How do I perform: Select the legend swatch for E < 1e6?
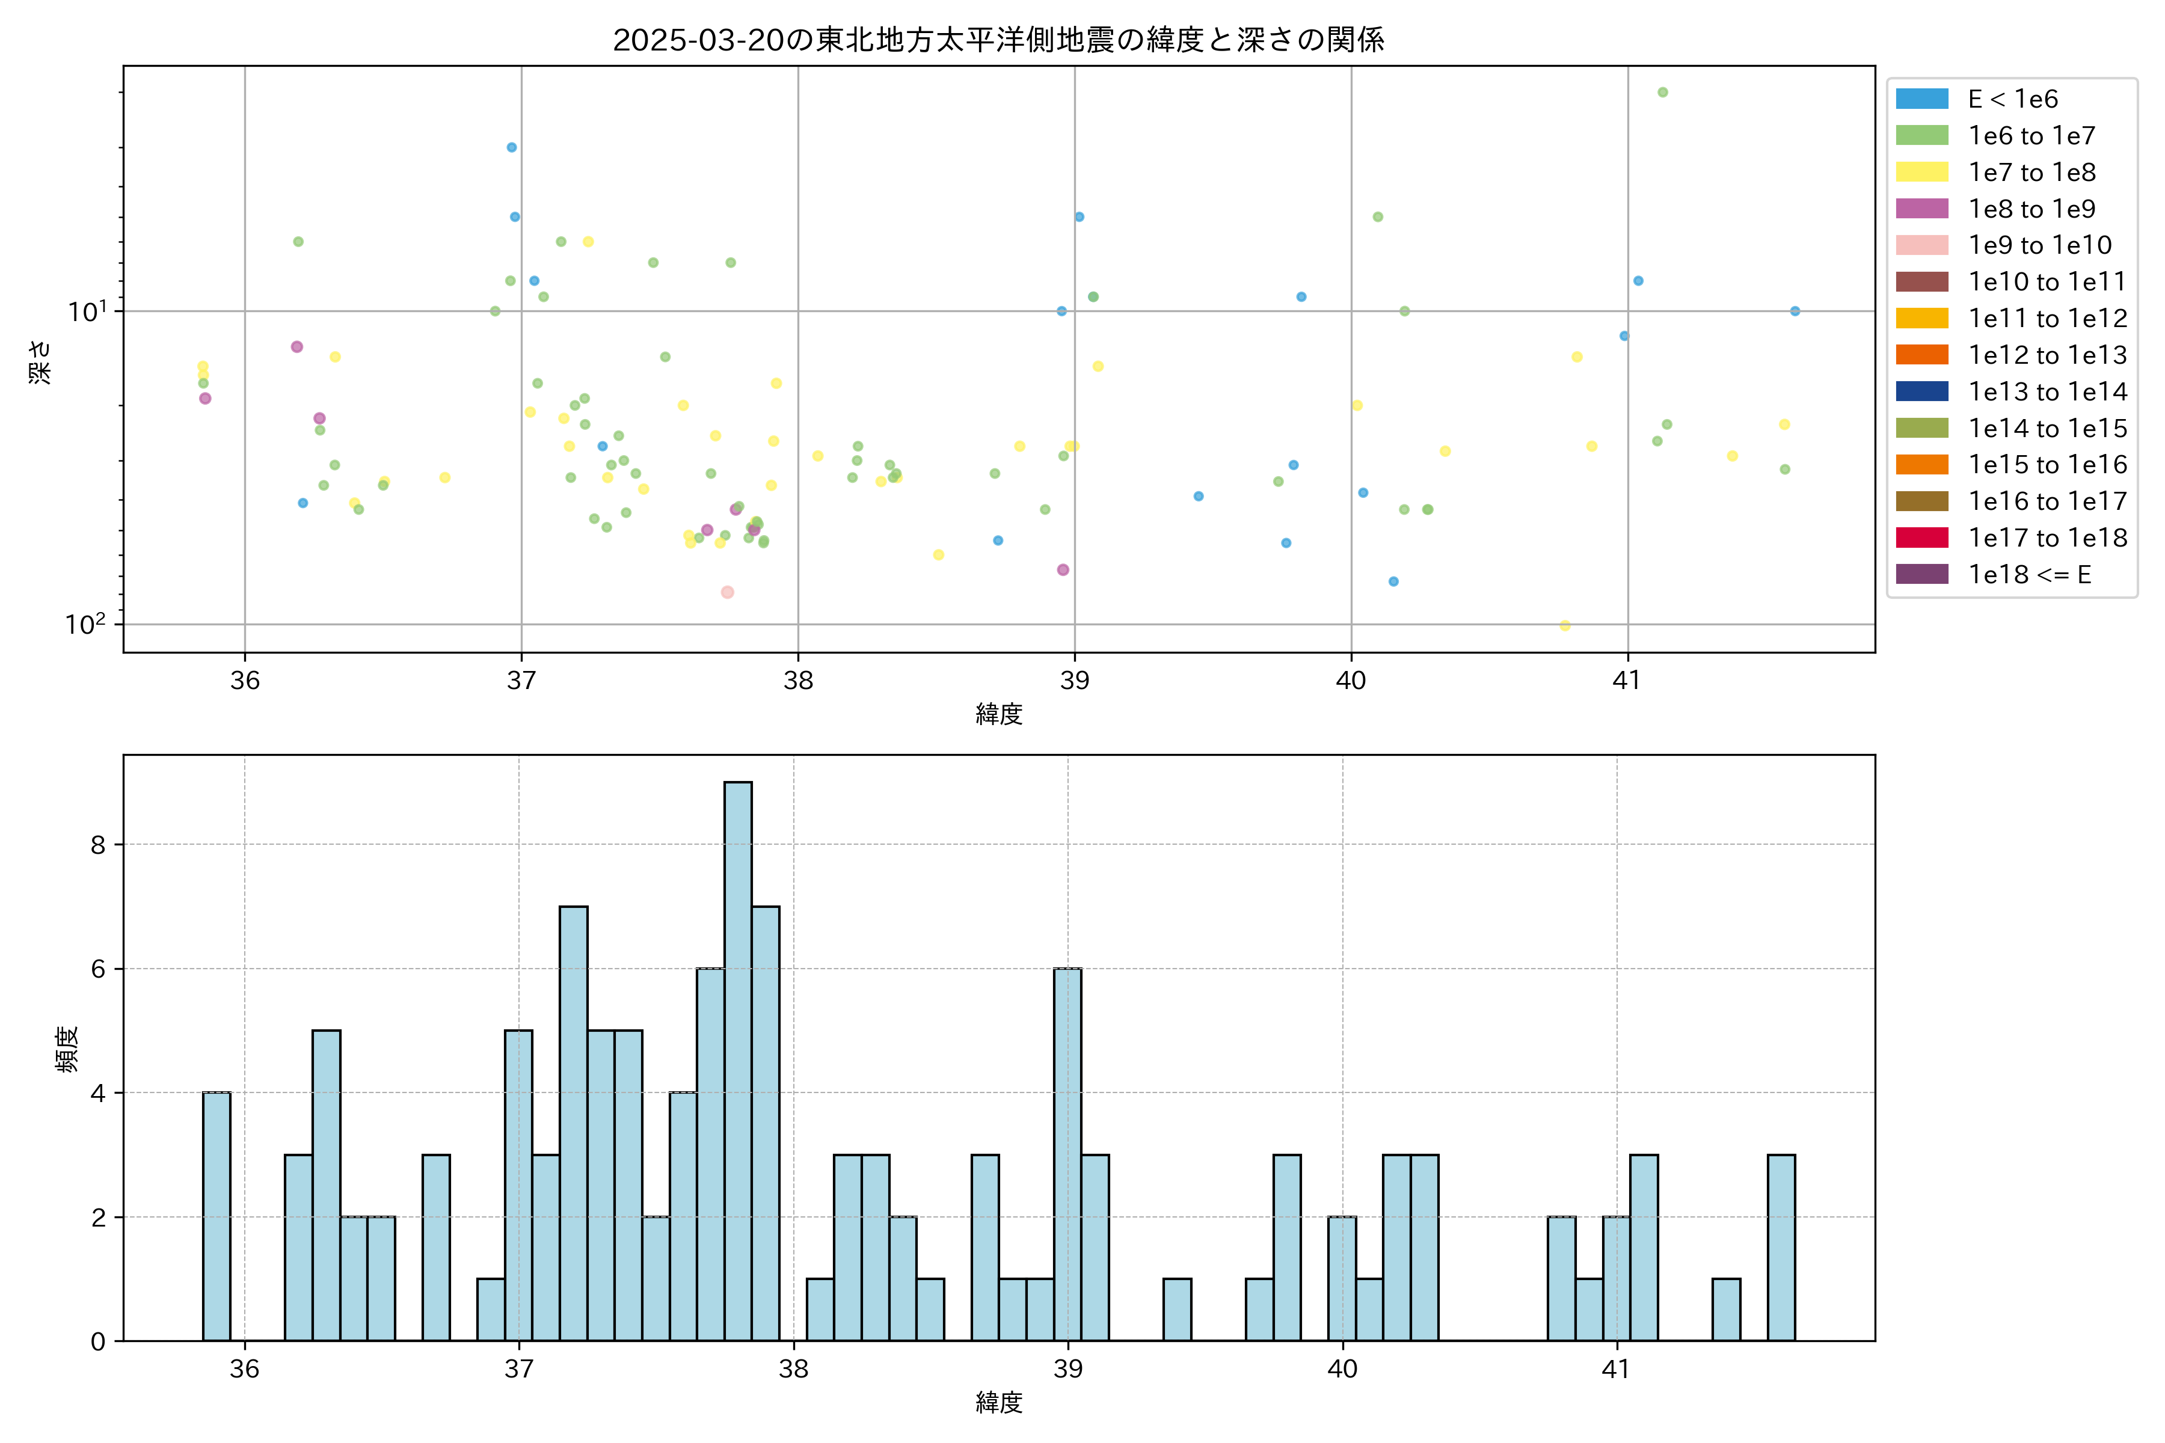coord(1922,99)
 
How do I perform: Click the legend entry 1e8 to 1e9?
coord(2031,209)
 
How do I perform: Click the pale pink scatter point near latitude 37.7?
coord(727,592)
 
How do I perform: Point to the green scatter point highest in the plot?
coord(1662,92)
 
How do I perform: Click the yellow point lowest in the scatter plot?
coord(1565,626)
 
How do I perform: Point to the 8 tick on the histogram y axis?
coord(99,845)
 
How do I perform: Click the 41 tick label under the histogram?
coord(1617,1370)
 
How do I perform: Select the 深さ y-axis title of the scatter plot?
coord(40,362)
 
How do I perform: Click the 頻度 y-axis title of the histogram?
coord(67,1049)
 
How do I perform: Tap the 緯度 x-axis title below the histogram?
coord(999,1403)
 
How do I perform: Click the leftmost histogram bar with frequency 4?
coord(217,1216)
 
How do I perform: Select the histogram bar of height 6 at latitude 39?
coord(1068,1155)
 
